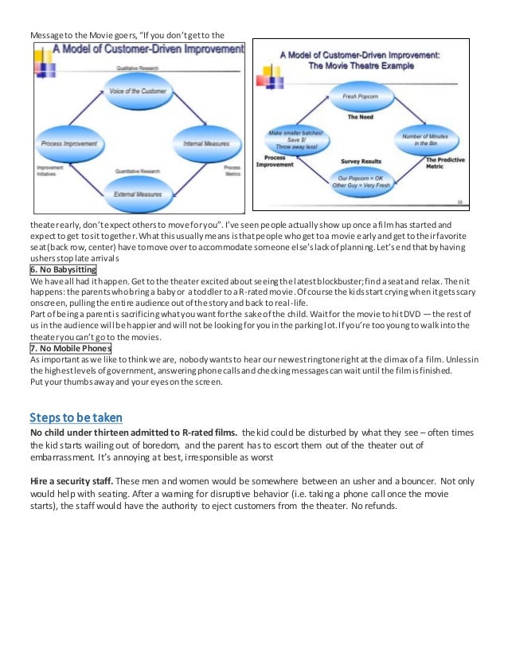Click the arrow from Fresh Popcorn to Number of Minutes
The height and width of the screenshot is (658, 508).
(x=411, y=111)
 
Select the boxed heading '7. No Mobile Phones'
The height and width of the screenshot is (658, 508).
(x=70, y=348)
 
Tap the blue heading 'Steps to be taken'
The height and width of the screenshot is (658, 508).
(x=76, y=417)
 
